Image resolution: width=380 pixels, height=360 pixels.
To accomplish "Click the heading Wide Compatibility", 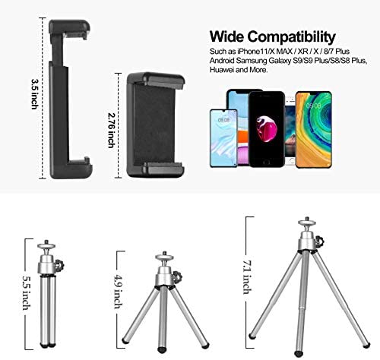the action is (x=273, y=37).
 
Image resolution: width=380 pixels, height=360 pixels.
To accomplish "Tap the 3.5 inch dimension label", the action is (x=35, y=94).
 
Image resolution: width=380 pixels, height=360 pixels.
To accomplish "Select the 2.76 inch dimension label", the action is (x=112, y=130).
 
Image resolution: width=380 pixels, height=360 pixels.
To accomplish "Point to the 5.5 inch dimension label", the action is (x=27, y=292).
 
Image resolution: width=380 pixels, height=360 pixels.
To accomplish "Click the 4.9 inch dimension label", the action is (x=119, y=292).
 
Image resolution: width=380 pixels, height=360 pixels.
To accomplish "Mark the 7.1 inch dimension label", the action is (x=248, y=277).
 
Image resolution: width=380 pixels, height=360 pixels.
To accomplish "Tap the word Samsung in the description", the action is (x=252, y=61).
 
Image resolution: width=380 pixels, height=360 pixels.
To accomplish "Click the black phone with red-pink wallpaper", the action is (x=267, y=129).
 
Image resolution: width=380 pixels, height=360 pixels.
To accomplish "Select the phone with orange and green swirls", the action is (x=314, y=130).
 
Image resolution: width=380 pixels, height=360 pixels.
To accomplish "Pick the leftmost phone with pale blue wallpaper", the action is (x=223, y=138).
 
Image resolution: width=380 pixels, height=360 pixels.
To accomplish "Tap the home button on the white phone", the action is (x=292, y=162).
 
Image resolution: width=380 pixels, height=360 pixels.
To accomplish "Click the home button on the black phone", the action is (x=266, y=162).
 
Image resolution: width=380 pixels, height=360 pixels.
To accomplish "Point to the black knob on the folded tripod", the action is (x=60, y=265).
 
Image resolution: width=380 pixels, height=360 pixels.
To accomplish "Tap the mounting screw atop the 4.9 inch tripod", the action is (x=165, y=253).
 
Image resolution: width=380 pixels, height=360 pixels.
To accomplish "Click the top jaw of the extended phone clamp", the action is (x=69, y=29).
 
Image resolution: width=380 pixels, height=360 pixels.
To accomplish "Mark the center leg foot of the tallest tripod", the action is (x=298, y=353).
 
